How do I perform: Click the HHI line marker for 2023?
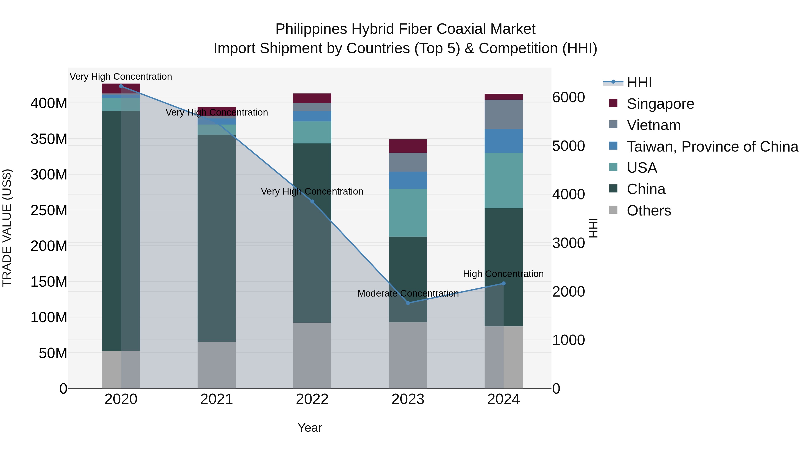[x=408, y=303]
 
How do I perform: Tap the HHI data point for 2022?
[x=312, y=202]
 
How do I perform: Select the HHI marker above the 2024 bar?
[x=503, y=284]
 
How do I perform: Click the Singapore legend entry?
[x=660, y=104]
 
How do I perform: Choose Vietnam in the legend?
[x=654, y=125]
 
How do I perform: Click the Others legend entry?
[x=649, y=211]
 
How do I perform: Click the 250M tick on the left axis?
[x=49, y=210]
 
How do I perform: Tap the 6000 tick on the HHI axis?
[x=569, y=97]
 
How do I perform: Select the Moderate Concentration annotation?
[x=408, y=293]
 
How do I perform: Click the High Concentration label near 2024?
[x=503, y=274]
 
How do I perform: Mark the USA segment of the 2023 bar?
[x=408, y=213]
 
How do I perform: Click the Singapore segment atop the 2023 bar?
[x=408, y=146]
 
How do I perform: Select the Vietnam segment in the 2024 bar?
[x=503, y=115]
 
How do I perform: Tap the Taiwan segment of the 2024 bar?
[x=503, y=141]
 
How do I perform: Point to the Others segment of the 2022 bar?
[x=312, y=355]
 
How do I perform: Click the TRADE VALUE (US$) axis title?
[x=7, y=228]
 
